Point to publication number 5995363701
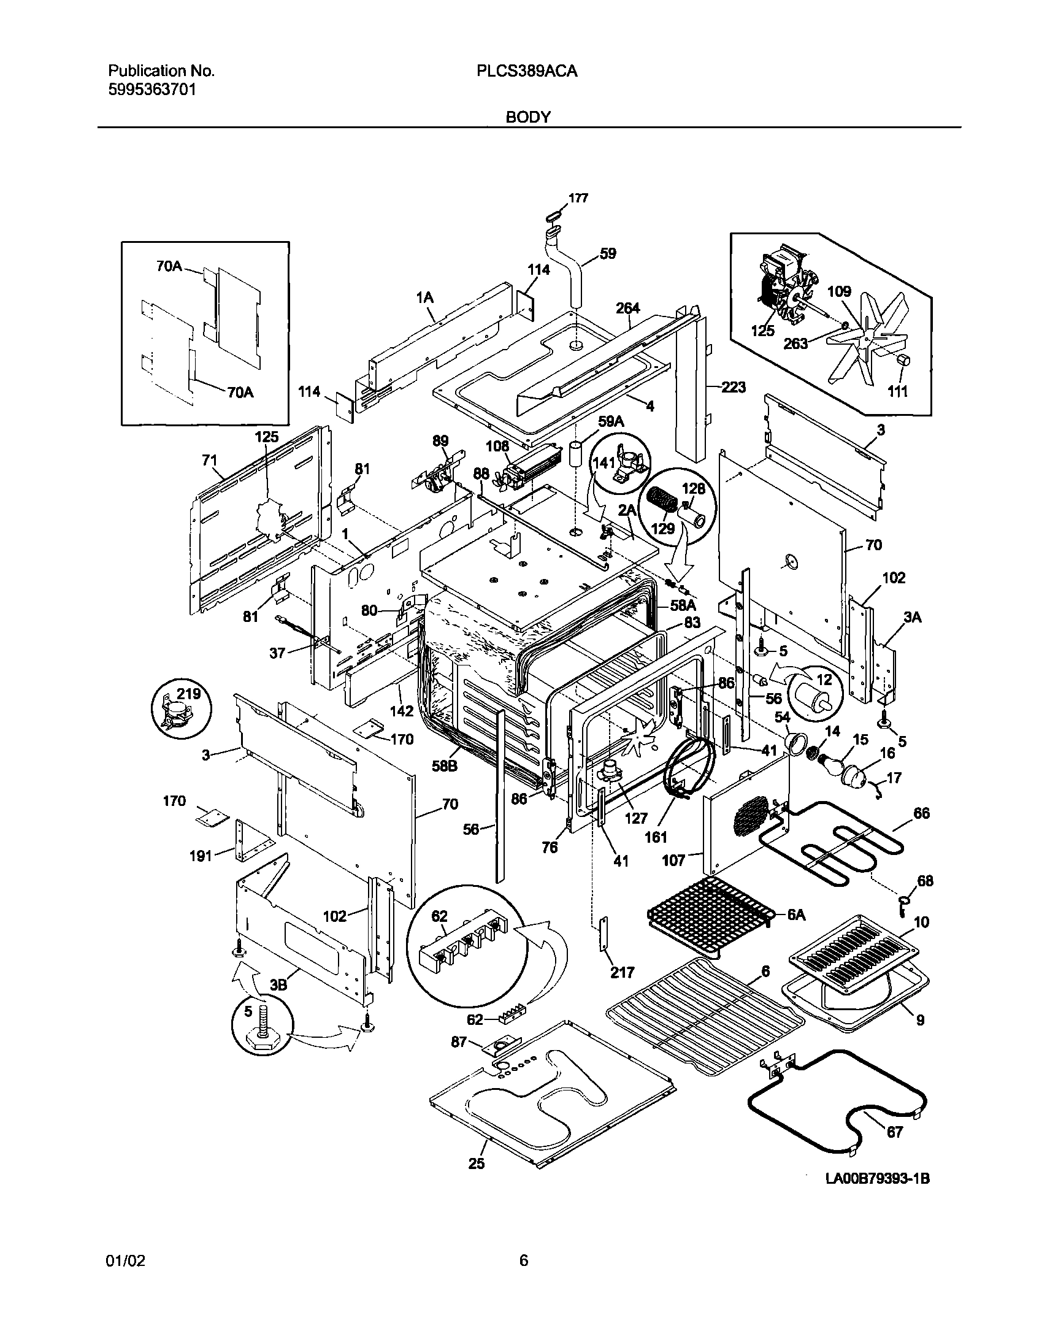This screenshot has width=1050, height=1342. coord(153,90)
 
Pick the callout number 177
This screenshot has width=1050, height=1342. coord(578,198)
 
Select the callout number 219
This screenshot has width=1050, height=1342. coord(189,694)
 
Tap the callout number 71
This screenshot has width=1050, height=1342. coord(210,459)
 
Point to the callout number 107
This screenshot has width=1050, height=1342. coord(674,860)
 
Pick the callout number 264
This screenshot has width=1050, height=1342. coord(628,307)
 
